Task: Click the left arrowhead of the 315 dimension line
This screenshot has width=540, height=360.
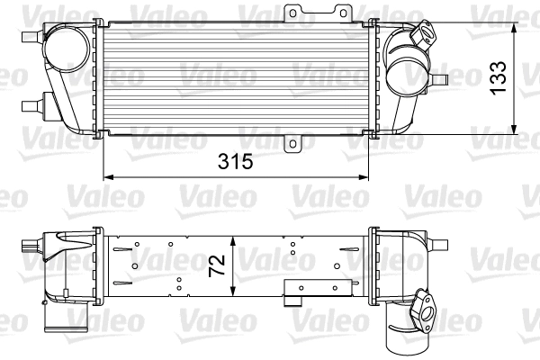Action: click(x=107, y=175)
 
